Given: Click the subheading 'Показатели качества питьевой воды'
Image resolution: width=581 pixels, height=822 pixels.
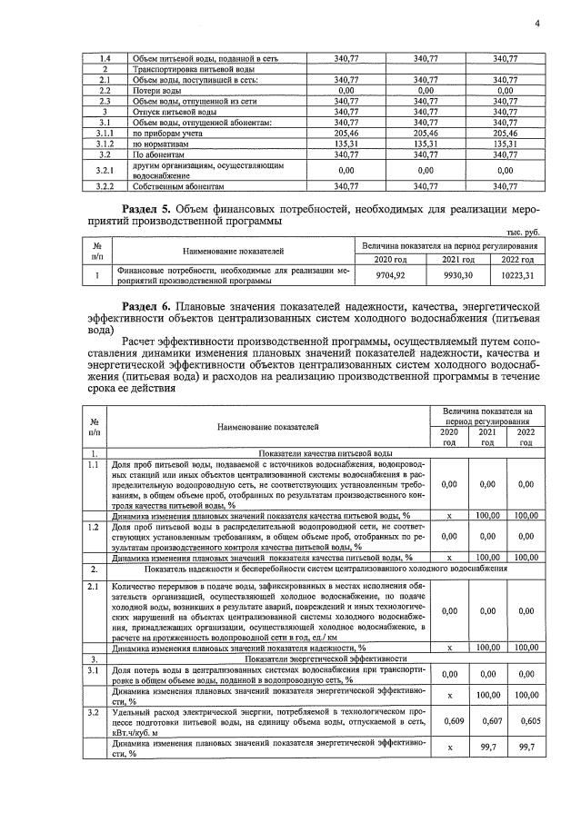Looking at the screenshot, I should coord(326,452).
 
